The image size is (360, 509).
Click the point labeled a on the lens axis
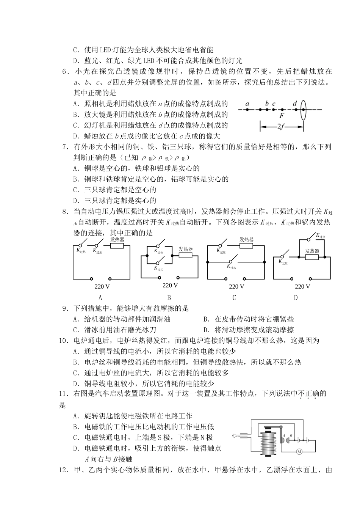(x=247, y=110)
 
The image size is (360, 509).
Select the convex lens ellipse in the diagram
(x=303, y=110)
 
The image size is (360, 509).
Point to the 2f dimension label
(x=281, y=127)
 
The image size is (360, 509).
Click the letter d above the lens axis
(x=295, y=103)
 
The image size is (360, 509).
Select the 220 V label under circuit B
(x=170, y=286)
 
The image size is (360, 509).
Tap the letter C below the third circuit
(x=234, y=298)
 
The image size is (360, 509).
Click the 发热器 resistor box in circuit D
(x=312, y=257)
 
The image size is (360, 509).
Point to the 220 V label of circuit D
(x=302, y=286)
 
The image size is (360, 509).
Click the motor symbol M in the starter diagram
(x=299, y=451)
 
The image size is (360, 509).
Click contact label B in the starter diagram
(x=291, y=435)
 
